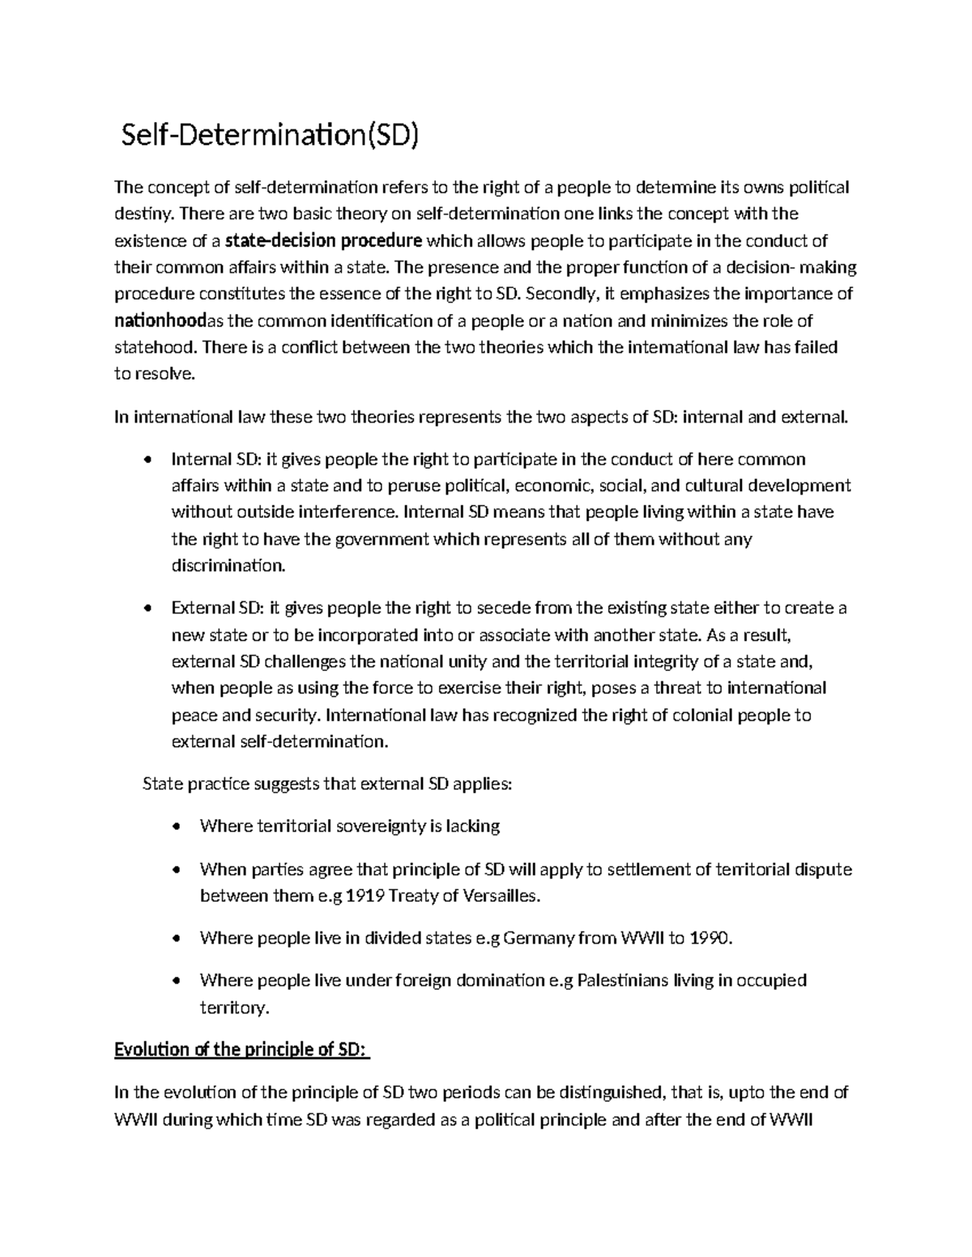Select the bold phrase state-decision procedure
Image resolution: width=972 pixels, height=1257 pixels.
pos(323,240)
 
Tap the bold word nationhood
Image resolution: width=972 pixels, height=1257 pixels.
pos(161,321)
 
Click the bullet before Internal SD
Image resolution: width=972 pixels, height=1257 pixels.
pos(147,461)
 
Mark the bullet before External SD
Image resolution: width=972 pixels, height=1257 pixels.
pos(147,609)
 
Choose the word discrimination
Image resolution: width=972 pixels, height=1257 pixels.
pos(228,566)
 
